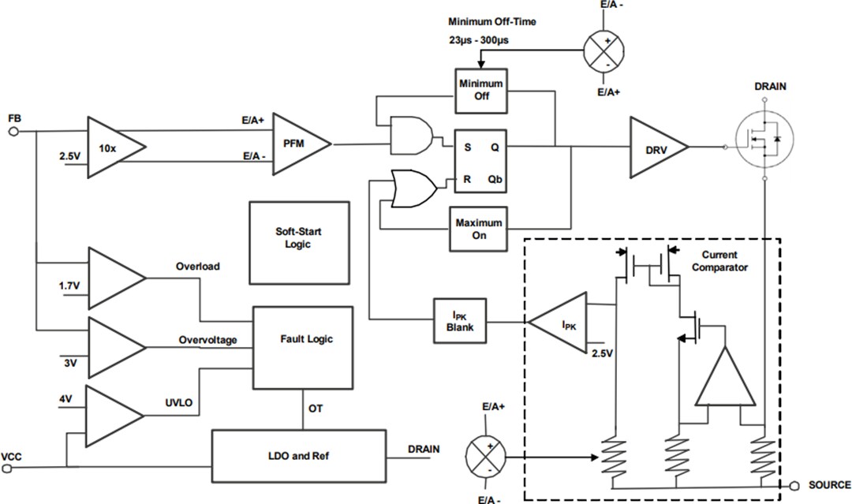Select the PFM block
click(x=301, y=144)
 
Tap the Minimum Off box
click(x=480, y=89)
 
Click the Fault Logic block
click(x=303, y=346)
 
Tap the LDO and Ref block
click(x=298, y=456)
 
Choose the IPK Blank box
click(x=459, y=321)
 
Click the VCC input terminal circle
click(x=9, y=468)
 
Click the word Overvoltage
click(x=207, y=340)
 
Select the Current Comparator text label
click(x=719, y=261)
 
